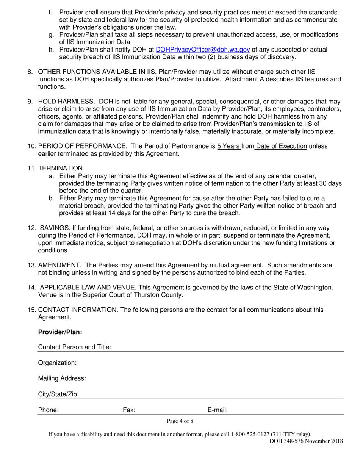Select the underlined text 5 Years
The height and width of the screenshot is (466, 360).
pos(229,146)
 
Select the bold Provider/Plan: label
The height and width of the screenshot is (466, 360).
pos(60,332)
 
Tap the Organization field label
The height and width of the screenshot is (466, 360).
pos(57,363)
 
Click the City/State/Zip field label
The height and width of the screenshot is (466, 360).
pos(59,394)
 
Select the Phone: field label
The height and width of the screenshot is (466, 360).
pos(49,410)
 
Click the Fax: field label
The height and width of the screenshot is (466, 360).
pos(129,410)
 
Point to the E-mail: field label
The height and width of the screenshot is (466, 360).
pos(218,410)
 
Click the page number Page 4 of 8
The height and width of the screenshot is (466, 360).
pos(180,421)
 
